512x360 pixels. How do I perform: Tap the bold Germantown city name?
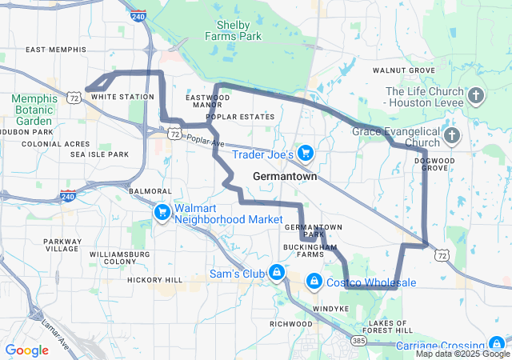[x=284, y=176]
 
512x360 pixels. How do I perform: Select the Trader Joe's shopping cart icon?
[x=305, y=152]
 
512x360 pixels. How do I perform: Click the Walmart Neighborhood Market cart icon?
[x=162, y=212]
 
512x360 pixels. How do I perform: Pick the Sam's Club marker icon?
[x=276, y=273]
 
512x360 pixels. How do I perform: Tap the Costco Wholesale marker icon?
[x=314, y=282]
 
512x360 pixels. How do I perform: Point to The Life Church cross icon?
[x=476, y=97]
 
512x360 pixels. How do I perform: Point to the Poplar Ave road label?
[x=206, y=139]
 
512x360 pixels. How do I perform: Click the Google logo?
[x=26, y=350]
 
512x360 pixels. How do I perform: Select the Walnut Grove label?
[x=403, y=70]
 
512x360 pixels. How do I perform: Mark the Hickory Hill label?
[x=154, y=280]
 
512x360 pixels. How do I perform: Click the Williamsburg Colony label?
[x=114, y=258]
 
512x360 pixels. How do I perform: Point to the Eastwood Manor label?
[x=207, y=101]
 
